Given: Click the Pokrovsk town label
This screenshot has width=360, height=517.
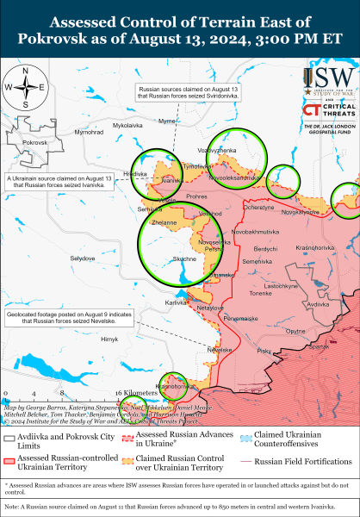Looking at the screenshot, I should [x=34, y=141].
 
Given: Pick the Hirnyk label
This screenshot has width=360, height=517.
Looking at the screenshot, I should [x=109, y=340].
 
